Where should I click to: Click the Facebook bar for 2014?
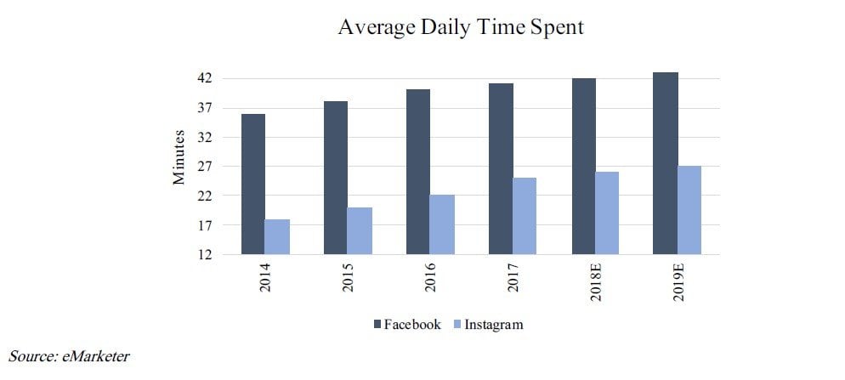[x=252, y=184]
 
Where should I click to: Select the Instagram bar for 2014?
[x=277, y=236]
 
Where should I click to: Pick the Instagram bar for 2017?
[x=525, y=216]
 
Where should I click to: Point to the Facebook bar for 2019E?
[x=665, y=163]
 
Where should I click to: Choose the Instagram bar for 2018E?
[x=607, y=213]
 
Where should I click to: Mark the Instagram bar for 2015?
[x=360, y=230]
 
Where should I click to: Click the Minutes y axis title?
[x=179, y=157]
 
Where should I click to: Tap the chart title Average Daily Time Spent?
[x=461, y=27]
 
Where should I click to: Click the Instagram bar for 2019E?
[x=689, y=210]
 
